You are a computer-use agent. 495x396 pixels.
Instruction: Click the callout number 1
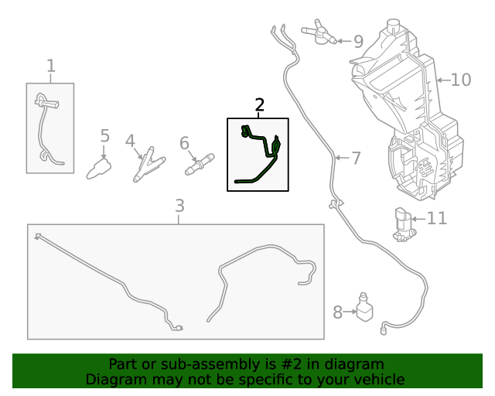point(51,67)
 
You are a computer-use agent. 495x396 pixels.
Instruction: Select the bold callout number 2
point(260,104)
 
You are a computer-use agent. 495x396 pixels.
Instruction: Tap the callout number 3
point(179,206)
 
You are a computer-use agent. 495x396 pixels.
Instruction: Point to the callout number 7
point(356,159)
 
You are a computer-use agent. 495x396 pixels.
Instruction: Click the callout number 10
point(461,80)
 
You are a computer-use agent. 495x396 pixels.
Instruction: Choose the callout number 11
point(437,218)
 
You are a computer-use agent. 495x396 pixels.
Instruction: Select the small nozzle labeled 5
point(99,169)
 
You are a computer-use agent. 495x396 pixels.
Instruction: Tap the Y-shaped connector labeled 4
point(147,164)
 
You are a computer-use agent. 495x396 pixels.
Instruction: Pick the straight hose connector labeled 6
point(200,165)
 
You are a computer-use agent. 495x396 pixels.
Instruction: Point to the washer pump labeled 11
point(403,224)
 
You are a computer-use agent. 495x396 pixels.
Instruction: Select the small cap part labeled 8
point(364,307)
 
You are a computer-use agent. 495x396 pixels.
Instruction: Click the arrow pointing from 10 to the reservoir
point(443,80)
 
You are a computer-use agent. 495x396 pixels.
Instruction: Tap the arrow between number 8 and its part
point(350,312)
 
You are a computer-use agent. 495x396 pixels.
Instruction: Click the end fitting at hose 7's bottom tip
point(384,330)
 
